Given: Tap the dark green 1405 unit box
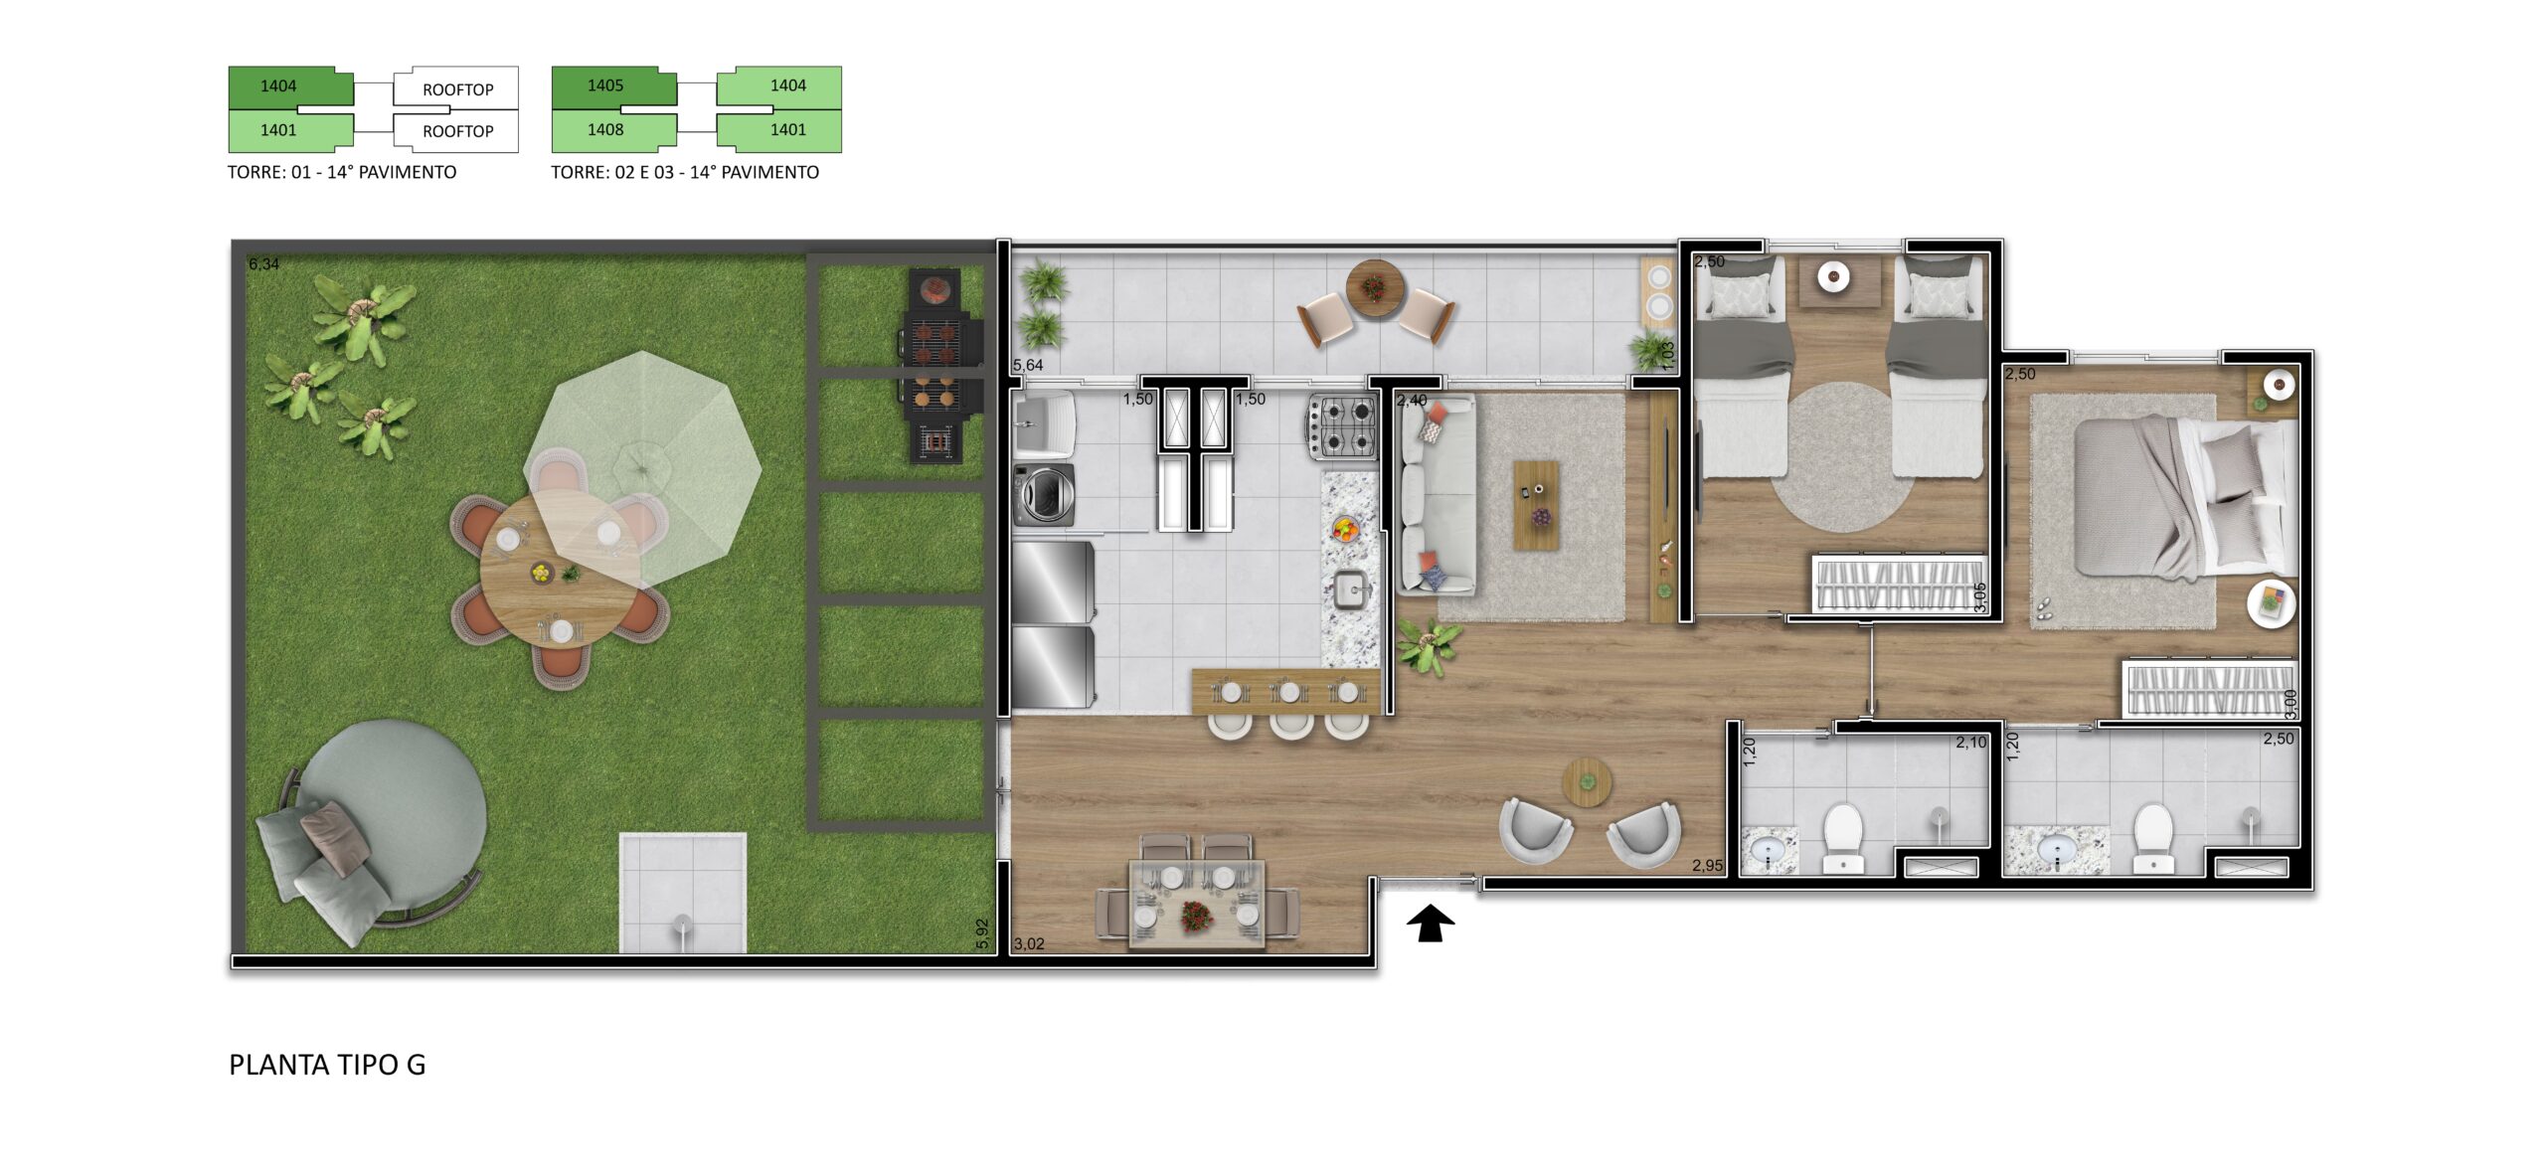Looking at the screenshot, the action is [x=613, y=86].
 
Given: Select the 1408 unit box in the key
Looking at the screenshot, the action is [x=613, y=130].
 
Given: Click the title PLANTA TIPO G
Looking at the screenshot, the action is [x=327, y=1065].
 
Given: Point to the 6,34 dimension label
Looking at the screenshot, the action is [x=263, y=263].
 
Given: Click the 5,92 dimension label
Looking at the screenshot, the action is [x=982, y=932].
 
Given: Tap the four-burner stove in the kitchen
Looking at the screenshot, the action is [x=1342, y=426].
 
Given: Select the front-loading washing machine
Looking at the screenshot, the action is [x=1044, y=494].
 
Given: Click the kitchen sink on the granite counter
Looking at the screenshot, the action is [x=1349, y=590].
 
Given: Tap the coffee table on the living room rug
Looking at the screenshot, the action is [x=1536, y=505].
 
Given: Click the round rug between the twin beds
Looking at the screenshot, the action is [x=1840, y=457].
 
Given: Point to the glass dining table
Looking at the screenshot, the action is [x=1197, y=905].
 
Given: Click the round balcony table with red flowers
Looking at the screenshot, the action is [x=1375, y=288].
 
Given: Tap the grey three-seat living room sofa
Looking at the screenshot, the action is [x=1436, y=495].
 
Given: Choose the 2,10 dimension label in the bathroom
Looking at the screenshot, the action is [x=1970, y=743].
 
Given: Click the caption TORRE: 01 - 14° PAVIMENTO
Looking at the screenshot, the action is [x=342, y=172].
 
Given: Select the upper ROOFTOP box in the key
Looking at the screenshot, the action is [x=456, y=87].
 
